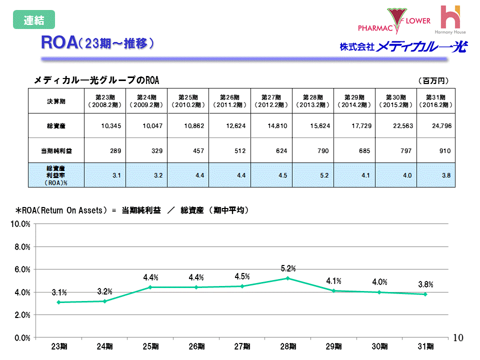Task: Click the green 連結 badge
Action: [x=34, y=20]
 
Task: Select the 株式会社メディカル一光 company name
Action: [x=403, y=47]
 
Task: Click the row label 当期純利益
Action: [x=56, y=150]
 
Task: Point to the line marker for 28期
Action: [x=287, y=278]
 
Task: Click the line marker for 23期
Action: [x=58, y=302]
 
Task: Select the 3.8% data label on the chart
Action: [x=425, y=284]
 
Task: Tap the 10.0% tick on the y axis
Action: [x=20, y=224]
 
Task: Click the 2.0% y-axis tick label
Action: [x=22, y=315]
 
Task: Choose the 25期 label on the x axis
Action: [x=150, y=346]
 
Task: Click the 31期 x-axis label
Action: [x=425, y=346]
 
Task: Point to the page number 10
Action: [x=458, y=338]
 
